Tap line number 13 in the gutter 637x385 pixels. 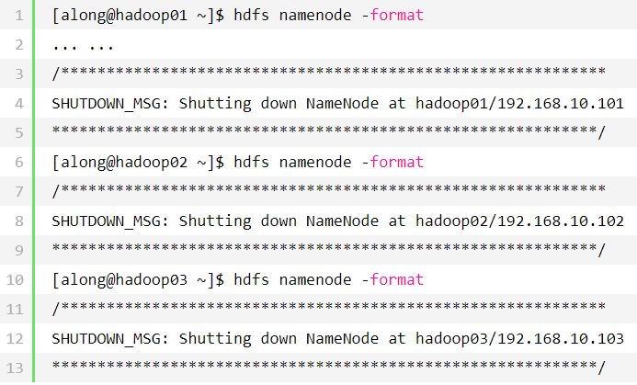17,368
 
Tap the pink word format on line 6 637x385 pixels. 397,162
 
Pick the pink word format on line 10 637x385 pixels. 397,279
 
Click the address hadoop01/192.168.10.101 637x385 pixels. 519,103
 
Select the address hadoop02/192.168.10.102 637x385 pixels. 519,221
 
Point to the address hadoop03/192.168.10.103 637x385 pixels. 519,338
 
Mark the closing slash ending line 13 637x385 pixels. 601,368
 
